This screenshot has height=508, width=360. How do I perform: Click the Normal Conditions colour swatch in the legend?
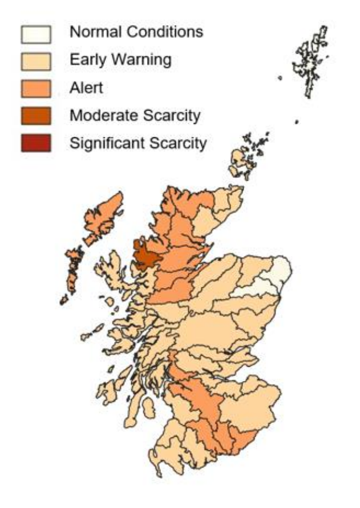coord(37,35)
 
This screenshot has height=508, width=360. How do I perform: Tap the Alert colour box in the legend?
coord(37,88)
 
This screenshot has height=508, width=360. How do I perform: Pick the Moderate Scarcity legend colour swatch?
coord(37,116)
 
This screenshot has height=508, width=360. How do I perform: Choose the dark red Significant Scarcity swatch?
coord(37,143)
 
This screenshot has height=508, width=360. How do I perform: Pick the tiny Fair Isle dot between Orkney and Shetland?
coord(297,121)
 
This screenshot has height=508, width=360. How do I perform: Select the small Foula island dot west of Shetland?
coord(280,78)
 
